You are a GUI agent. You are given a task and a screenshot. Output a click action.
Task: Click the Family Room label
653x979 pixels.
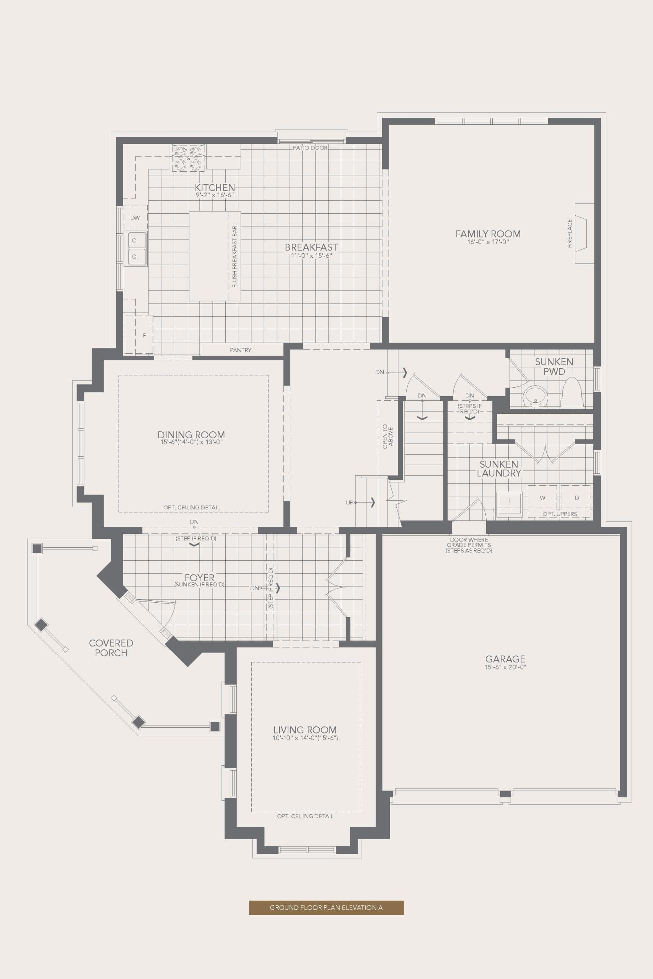coord(488,234)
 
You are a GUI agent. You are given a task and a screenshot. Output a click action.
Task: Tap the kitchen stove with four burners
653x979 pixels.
coord(188,158)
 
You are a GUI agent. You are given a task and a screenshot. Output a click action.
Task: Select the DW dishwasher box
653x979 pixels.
coord(135,217)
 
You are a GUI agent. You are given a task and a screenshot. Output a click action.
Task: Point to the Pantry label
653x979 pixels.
coord(241,350)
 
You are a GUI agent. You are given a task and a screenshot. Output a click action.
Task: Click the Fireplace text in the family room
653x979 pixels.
coord(570,234)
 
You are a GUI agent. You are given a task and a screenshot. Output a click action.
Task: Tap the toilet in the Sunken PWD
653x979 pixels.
coord(572,394)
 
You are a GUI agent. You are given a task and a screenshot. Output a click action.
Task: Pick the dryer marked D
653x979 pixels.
coord(577,498)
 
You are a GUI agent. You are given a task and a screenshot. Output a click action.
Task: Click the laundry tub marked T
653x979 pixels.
coord(510,501)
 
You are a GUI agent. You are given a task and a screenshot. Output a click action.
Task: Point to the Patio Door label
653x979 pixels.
coord(310,148)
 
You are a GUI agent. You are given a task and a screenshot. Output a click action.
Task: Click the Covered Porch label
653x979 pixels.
coord(111,648)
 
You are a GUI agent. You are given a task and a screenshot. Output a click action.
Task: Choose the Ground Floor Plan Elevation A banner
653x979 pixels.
coord(326,907)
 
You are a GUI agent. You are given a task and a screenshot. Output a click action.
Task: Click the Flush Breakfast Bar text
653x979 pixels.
coord(234,257)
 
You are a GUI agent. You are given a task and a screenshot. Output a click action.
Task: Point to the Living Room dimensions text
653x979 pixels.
coord(305,738)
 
